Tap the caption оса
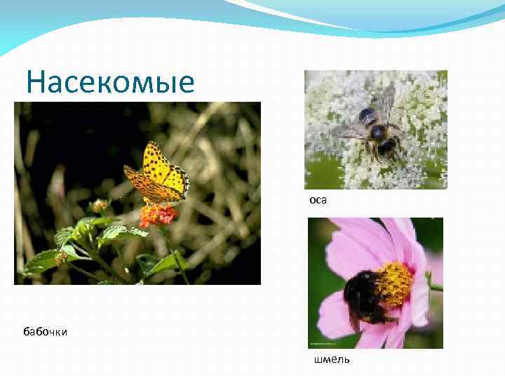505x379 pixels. click(318, 200)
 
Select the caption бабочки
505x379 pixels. click(45, 331)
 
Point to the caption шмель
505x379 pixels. click(331, 361)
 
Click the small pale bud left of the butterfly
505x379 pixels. click(99, 206)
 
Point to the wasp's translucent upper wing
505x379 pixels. click(386, 102)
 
